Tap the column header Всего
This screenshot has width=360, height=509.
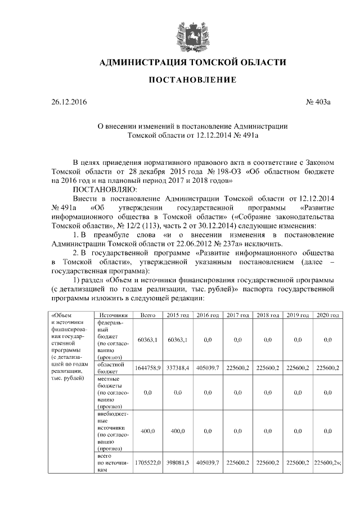[x=148, y=316]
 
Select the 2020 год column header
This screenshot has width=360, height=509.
[x=328, y=316]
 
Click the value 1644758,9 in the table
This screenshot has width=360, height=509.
[x=148, y=368]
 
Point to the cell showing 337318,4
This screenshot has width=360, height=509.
[x=177, y=368]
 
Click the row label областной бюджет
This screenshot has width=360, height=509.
[x=110, y=368]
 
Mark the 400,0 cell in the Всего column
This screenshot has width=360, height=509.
[x=148, y=431]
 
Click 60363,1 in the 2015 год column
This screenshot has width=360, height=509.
[x=177, y=340]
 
